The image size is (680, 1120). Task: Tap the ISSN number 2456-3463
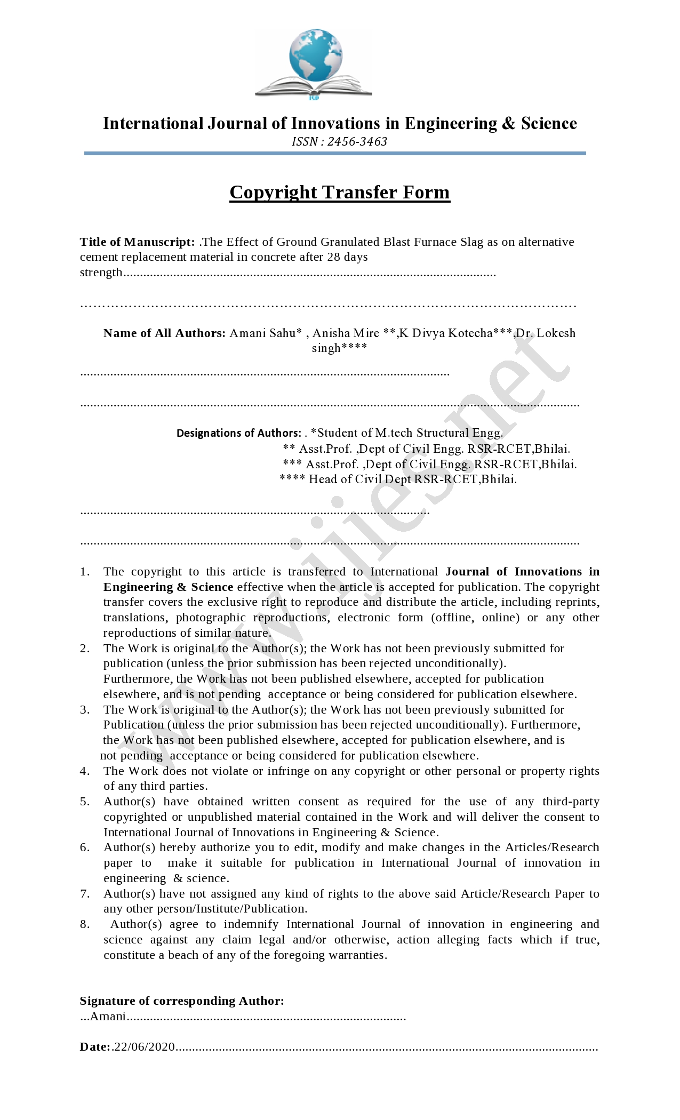357,142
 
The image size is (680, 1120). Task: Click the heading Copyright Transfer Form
340,193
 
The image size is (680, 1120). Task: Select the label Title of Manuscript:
137,242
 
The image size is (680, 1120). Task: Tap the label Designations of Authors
238,433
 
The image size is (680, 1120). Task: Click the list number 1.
85,572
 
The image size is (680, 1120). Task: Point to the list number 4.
85,771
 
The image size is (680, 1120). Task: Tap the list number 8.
85,924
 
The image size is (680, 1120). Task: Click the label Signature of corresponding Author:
182,1001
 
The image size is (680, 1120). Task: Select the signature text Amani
108,1017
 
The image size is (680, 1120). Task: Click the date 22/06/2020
145,1047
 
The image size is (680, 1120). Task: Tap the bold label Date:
95,1047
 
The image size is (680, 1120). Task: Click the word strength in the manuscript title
101,273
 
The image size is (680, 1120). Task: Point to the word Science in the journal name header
549,124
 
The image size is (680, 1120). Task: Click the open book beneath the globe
314,86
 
